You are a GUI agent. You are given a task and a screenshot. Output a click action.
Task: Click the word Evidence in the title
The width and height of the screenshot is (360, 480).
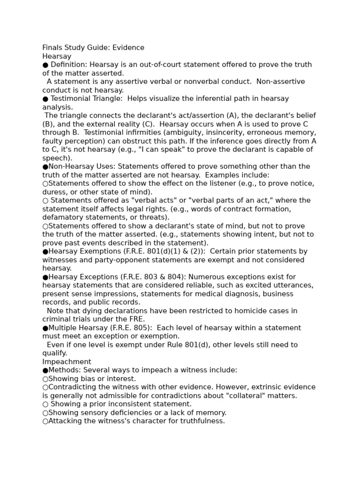pyautogui.click(x=128, y=48)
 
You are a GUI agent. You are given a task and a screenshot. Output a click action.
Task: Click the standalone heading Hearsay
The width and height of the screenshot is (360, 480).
pyautogui.click(x=57, y=56)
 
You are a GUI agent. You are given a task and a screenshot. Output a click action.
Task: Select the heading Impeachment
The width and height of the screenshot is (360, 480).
pyautogui.click(x=67, y=362)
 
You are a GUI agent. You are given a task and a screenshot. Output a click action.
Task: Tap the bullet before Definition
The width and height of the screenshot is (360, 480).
pyautogui.click(x=45, y=65)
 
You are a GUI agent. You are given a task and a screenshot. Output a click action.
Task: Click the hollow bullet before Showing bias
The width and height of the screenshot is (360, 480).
pyautogui.click(x=45, y=379)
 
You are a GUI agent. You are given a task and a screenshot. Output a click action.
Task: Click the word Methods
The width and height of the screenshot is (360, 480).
pyautogui.click(x=64, y=370)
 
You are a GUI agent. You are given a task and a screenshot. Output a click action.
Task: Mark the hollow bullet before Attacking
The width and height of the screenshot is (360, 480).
pyautogui.click(x=45, y=421)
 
